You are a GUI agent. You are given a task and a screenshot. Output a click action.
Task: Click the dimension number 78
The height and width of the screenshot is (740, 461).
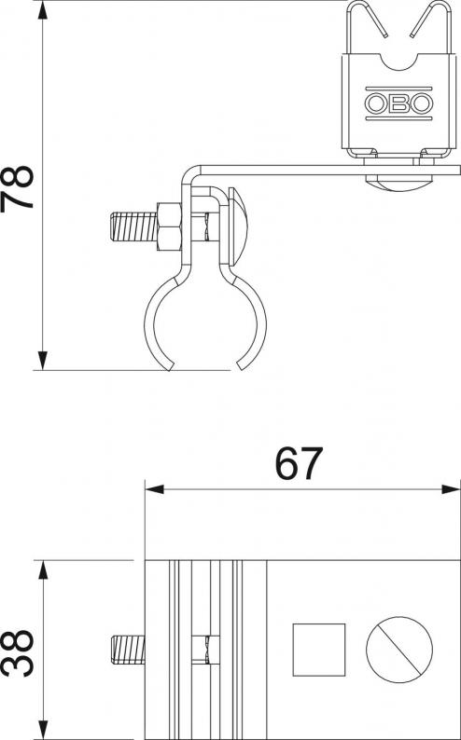(18, 187)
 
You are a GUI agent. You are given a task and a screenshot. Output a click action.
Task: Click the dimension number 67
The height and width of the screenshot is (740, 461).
(299, 463)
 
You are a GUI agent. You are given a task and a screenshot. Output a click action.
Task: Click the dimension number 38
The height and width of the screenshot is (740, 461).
(18, 653)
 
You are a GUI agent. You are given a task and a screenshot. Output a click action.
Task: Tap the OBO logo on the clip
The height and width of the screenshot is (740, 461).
(398, 103)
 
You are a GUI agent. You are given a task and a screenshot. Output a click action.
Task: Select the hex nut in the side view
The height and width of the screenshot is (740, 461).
(169, 227)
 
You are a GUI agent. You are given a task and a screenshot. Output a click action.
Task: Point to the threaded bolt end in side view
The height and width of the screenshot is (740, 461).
(133, 227)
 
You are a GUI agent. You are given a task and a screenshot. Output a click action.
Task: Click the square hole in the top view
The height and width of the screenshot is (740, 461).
(319, 650)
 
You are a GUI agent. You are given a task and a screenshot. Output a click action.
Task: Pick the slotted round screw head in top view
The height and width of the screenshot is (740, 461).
(399, 650)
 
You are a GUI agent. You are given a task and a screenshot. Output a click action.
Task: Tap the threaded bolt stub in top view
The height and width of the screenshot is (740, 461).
(128, 650)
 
